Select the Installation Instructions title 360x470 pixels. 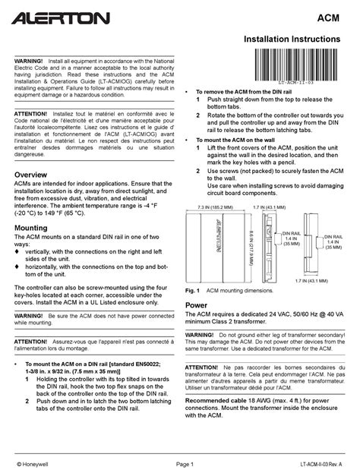tap(297, 38)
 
